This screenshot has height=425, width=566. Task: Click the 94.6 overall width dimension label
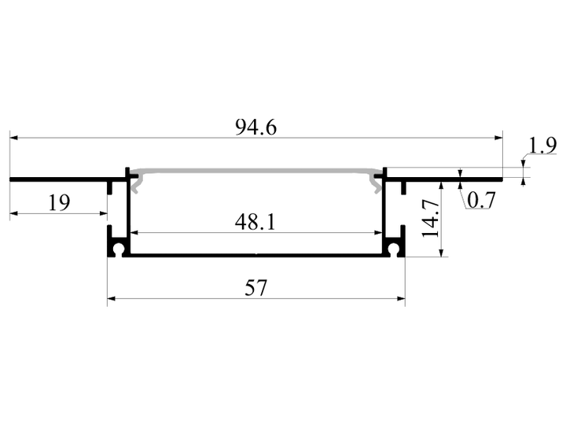tap(256, 128)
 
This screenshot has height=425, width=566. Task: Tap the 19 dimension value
tap(59, 203)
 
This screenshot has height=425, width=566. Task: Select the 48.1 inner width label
tap(255, 222)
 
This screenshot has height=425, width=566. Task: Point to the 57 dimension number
tap(256, 288)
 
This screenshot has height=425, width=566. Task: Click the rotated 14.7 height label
tap(431, 218)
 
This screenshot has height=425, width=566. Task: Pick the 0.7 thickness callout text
tap(482, 200)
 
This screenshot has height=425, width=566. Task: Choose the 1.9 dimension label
tap(542, 146)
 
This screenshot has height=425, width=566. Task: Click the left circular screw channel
tap(119, 249)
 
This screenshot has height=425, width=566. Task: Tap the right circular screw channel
tap(394, 249)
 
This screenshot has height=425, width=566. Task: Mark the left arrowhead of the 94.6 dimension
tap(13, 138)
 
